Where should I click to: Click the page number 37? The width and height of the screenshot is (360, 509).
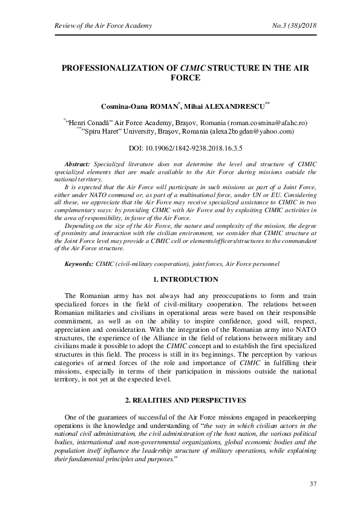(313, 484)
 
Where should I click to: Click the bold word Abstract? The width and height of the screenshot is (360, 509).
(76, 164)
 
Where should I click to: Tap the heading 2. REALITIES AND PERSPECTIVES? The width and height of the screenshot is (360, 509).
(180, 401)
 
